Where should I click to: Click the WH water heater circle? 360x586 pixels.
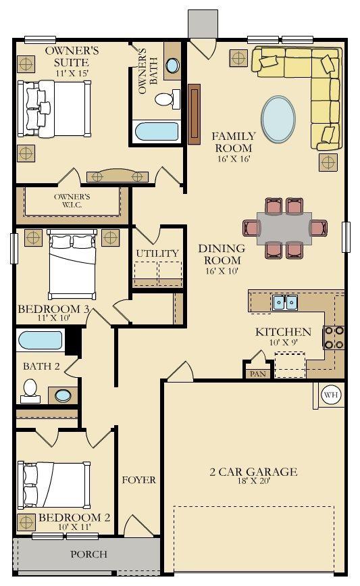point(331,395)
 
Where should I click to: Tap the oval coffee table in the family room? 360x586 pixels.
point(278,119)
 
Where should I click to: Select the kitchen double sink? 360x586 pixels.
point(285,302)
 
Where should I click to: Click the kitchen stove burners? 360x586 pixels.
point(334,337)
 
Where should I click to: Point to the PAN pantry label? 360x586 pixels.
point(258,374)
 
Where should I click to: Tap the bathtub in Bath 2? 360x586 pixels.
point(41,341)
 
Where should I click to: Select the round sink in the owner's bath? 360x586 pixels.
point(172,66)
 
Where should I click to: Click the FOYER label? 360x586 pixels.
point(139,480)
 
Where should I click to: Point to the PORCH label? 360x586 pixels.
point(89,554)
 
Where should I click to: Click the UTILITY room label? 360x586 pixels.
point(157,253)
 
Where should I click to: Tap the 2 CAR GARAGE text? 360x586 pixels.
point(253,472)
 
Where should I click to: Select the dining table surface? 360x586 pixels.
point(284,228)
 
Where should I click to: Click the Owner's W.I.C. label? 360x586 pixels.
point(72,201)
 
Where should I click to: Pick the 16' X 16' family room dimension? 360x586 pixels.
point(234,159)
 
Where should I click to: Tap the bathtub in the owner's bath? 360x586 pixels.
point(157,132)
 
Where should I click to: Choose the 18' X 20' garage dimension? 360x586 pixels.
point(254,481)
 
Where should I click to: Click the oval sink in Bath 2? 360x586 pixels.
point(63,395)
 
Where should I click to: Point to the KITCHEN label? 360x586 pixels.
point(283,332)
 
